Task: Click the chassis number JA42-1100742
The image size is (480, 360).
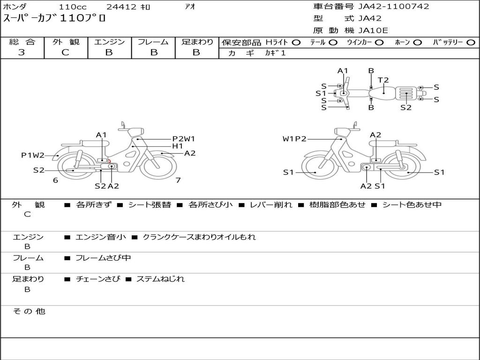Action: (394, 7)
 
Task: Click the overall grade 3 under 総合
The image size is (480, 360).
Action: (22, 52)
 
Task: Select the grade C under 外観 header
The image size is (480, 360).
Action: (65, 52)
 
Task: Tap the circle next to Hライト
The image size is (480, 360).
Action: (296, 43)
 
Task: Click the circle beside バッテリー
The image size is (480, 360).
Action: (471, 43)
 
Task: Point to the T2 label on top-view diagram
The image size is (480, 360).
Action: (383, 80)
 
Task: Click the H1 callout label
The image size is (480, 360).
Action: (178, 146)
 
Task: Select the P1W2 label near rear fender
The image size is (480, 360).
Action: (33, 155)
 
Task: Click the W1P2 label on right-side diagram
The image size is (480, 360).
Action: (294, 139)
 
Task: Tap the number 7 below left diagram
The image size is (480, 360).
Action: (178, 180)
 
